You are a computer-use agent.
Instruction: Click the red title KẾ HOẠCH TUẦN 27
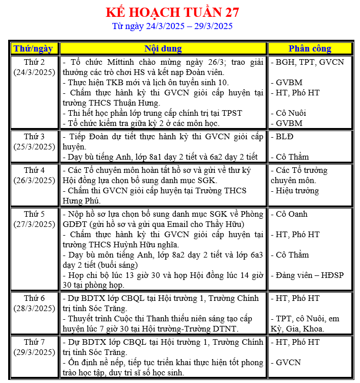[x=172, y=12]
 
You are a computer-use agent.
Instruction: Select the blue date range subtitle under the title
[x=172, y=26]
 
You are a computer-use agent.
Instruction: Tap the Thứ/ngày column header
[x=33, y=48]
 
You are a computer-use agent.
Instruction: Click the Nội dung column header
[x=163, y=48]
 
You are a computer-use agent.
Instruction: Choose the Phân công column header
[x=310, y=48]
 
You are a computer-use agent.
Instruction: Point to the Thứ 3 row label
[x=34, y=136]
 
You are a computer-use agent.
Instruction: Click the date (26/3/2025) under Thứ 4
[x=34, y=180]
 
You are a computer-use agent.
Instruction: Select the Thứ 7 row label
[x=34, y=342]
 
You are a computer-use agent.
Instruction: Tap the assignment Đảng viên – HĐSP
[x=310, y=275]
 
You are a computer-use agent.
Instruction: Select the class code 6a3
[x=252, y=255]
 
